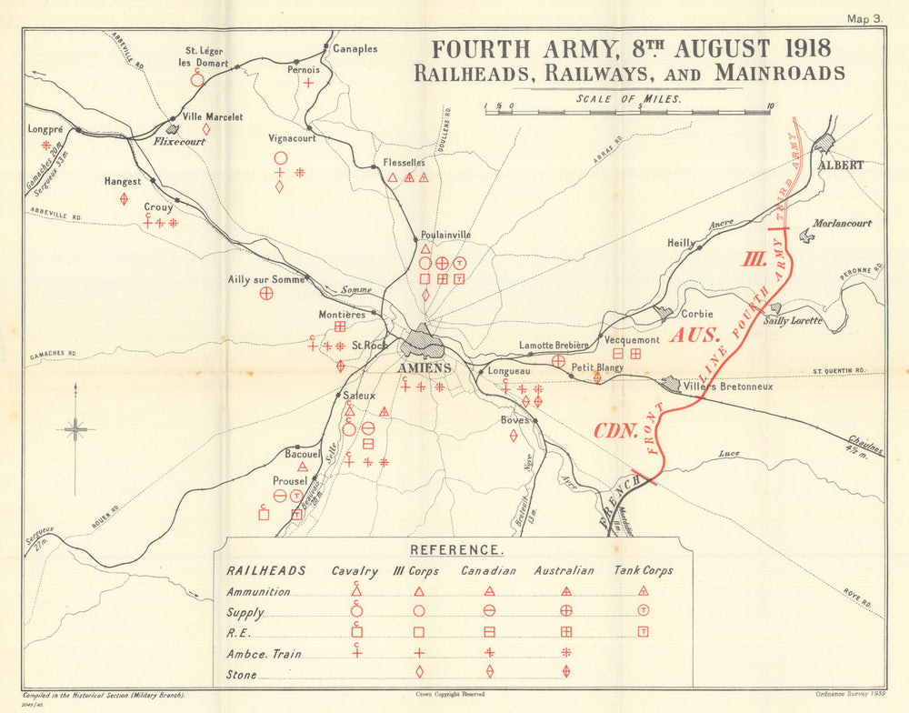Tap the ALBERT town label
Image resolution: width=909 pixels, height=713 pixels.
click(x=841, y=166)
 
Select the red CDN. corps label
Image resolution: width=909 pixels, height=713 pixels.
click(x=615, y=431)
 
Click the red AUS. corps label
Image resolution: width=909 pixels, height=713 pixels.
click(x=695, y=335)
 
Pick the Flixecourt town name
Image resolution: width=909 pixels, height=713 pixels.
click(x=180, y=142)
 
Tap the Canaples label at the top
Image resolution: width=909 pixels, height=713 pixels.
click(x=355, y=48)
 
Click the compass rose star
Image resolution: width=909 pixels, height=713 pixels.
click(x=75, y=429)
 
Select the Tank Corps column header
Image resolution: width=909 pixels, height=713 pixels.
click(x=643, y=571)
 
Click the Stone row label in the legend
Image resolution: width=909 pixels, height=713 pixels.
click(x=242, y=674)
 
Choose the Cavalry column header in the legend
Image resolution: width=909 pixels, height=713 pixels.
click(x=355, y=571)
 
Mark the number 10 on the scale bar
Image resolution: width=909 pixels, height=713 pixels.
click(x=770, y=106)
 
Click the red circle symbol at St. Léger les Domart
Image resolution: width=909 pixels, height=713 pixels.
click(x=197, y=80)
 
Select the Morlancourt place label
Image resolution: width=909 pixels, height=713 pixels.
click(x=843, y=223)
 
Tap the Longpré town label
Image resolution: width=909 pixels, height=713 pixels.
click(x=45, y=129)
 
